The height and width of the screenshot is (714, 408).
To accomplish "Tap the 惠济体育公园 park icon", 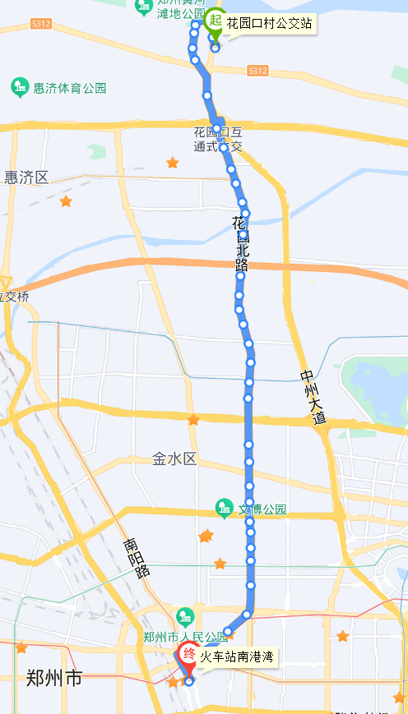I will point(18,86).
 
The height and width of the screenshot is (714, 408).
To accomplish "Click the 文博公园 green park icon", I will point(224,509).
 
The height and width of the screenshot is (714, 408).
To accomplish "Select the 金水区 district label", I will point(174,459).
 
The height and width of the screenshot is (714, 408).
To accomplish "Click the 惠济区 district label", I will point(26,177).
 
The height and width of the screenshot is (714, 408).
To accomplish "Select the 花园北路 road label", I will point(240,244).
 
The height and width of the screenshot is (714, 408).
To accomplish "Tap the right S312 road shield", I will point(257,71).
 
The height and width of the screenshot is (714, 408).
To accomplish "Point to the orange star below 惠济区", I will point(66,201).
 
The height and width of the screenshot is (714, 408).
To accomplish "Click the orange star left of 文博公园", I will point(206,537).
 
